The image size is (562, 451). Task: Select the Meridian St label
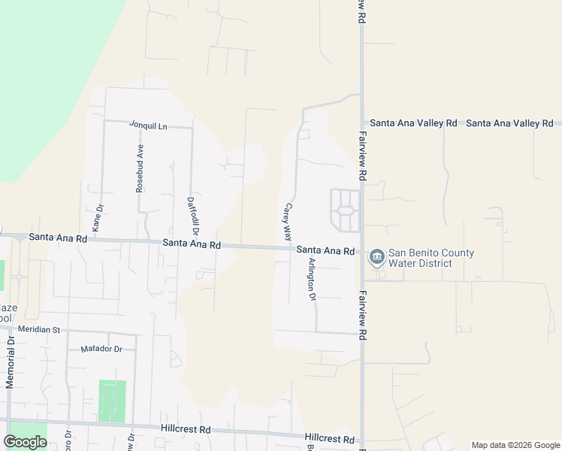click(39, 330)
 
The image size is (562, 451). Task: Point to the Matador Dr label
click(101, 349)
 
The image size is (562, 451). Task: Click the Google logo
click(25, 441)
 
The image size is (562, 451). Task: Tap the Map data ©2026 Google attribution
click(515, 445)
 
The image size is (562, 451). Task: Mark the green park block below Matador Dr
click(112, 400)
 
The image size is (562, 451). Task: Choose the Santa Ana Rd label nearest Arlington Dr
click(325, 250)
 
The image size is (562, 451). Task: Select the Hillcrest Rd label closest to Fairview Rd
click(329, 438)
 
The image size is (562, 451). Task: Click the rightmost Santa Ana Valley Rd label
click(509, 123)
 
